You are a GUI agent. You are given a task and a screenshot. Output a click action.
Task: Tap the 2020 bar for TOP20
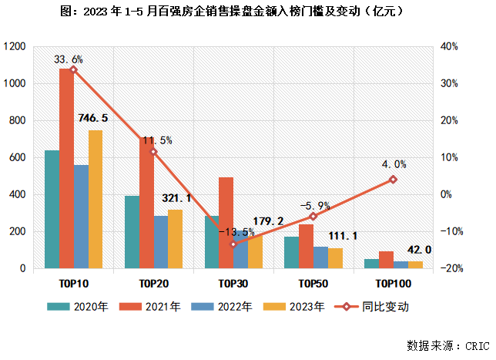point(132,231)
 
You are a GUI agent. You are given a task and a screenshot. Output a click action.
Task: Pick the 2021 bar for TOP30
point(226,223)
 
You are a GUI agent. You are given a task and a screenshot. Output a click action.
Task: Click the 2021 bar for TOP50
point(307,246)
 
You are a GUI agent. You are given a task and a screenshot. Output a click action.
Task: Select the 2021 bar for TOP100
point(387,259)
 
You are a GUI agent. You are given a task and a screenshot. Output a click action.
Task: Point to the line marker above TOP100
point(393,179)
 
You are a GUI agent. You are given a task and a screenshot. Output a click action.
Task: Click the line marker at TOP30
point(233,244)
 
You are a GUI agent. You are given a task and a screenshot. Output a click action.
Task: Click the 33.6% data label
point(68,59)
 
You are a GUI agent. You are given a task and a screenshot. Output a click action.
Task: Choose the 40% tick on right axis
point(451,47)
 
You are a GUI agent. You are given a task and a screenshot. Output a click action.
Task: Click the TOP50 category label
point(313,283)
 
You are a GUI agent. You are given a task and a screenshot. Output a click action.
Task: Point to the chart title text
point(246,12)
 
